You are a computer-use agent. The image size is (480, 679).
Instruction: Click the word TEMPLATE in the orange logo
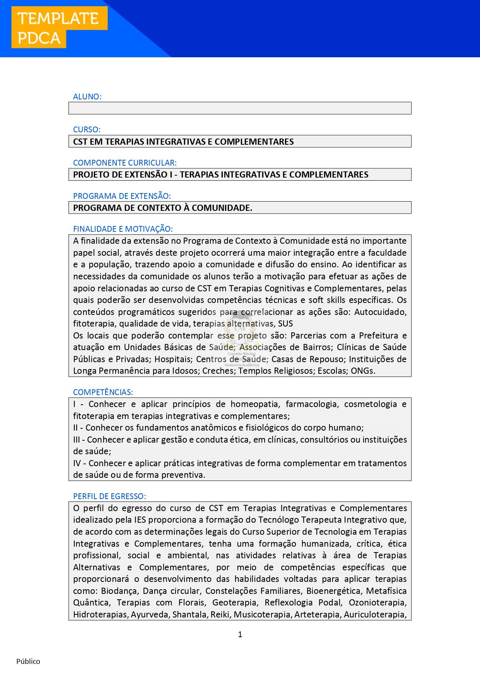[x=58, y=19]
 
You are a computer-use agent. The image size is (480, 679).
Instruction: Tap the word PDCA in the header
[x=39, y=38]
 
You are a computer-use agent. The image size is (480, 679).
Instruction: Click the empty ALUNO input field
[x=240, y=108]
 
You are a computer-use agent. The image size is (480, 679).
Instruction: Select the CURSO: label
[x=87, y=130]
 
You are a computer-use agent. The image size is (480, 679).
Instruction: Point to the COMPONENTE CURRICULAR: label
[x=125, y=163]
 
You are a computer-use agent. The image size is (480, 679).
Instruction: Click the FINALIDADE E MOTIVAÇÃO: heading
[x=123, y=229]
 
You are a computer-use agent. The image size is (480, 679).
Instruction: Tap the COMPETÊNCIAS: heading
[x=103, y=392]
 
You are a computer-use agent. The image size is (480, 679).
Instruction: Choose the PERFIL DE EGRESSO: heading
[x=109, y=496]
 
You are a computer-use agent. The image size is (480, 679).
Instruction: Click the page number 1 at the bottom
[x=240, y=634]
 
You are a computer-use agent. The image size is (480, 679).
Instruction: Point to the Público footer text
[x=28, y=661]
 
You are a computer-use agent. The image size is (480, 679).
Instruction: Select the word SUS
[x=285, y=324]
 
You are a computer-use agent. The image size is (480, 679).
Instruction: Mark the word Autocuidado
[x=380, y=312]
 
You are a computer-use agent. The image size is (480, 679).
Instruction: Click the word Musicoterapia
[x=263, y=615]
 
